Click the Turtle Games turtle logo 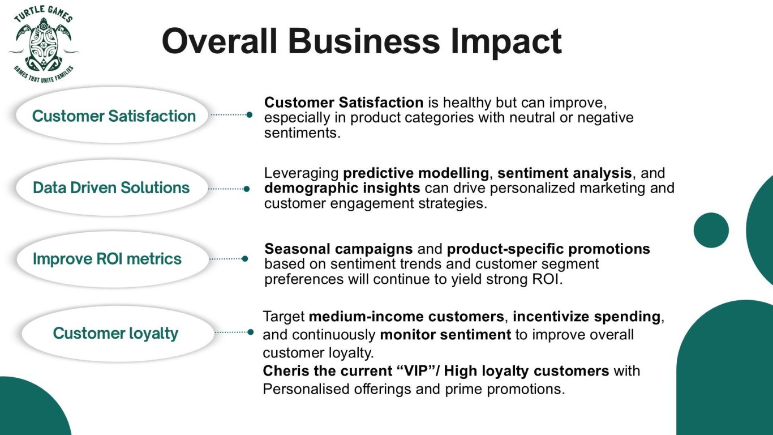point(44,44)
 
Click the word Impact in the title point(506,42)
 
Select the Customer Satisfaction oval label point(113,115)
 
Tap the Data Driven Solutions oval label point(113,187)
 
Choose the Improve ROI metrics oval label point(113,259)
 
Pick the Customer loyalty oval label point(118,334)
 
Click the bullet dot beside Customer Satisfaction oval point(250,115)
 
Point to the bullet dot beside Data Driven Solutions point(246,189)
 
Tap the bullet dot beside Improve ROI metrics point(245,258)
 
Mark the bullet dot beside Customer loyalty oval point(251,332)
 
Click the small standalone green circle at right point(711,230)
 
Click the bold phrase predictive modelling point(416,173)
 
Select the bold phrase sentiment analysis point(565,173)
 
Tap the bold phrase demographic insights point(342,188)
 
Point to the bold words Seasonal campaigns point(338,249)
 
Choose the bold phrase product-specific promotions point(548,249)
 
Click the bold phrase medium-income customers point(406,317)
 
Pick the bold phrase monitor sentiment point(445,334)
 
